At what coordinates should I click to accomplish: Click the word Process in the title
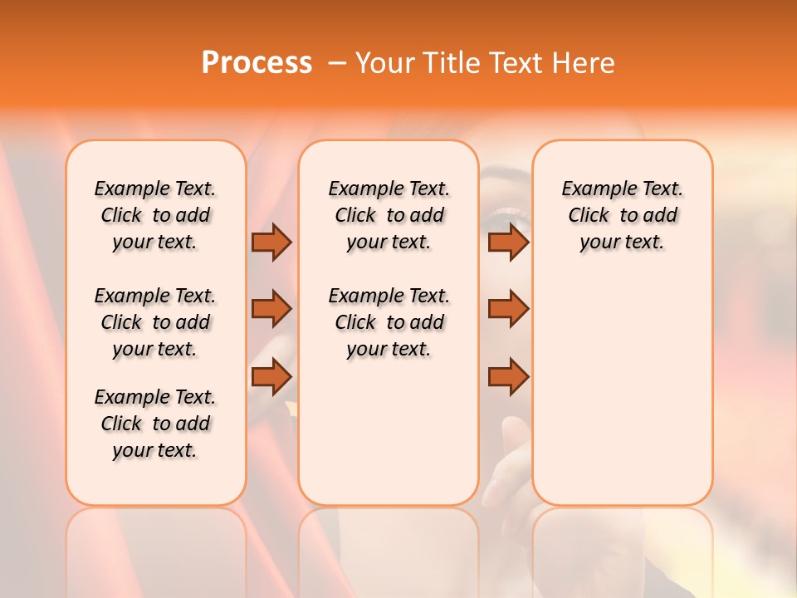257,63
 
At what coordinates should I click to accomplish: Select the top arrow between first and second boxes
271,242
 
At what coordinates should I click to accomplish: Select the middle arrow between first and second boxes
271,309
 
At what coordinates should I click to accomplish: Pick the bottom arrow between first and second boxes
271,376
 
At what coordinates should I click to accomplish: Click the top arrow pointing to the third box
508,242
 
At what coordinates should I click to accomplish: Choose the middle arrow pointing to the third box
508,309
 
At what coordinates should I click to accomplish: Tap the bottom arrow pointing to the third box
508,376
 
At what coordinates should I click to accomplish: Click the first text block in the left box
155,215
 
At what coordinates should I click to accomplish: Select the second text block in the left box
155,322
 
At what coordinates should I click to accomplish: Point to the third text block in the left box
155,424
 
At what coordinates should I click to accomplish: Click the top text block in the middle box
389,215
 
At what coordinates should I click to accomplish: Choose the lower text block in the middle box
389,322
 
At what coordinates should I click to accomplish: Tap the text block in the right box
622,215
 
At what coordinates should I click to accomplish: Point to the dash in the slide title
336,64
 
